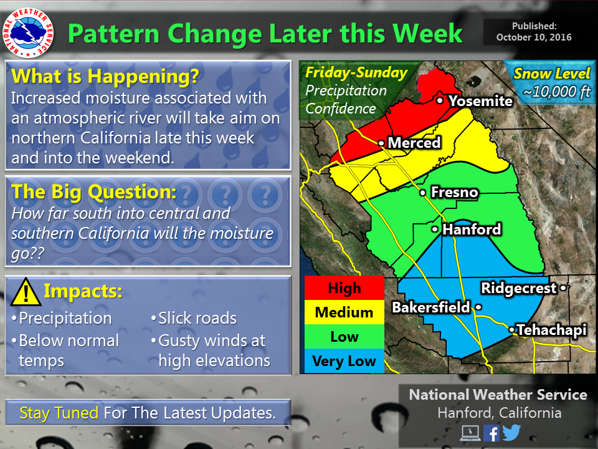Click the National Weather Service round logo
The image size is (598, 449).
(x=28, y=33)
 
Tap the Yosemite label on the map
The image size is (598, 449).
(x=480, y=101)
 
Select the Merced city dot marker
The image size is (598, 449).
(x=381, y=143)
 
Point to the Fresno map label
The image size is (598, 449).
(x=454, y=192)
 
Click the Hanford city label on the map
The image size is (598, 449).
(x=472, y=229)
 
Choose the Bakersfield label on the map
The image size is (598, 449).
(x=431, y=307)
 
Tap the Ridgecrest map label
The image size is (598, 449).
(x=519, y=288)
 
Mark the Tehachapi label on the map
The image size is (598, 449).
(x=552, y=330)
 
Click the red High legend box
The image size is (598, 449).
(x=344, y=288)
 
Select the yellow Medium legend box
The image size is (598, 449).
(x=344, y=312)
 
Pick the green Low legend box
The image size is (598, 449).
(x=344, y=337)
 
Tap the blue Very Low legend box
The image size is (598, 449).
(x=344, y=361)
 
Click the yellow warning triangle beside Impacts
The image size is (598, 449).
(x=26, y=292)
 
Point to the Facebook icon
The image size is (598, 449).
(x=491, y=433)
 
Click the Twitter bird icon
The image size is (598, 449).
(x=511, y=433)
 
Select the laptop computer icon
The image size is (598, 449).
(x=470, y=433)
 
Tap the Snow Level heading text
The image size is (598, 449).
(x=552, y=74)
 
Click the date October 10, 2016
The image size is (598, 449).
(x=534, y=37)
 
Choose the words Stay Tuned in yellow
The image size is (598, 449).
(x=59, y=413)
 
